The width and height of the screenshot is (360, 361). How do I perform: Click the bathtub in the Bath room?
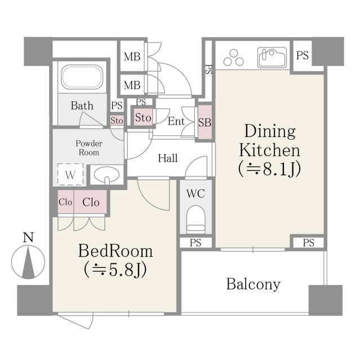pyautogui.click(x=82, y=77)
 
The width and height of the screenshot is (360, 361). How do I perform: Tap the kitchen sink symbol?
pyautogui.click(x=272, y=58)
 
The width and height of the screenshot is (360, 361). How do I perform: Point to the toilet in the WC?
pyautogui.click(x=195, y=219)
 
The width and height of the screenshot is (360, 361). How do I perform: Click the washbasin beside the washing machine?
pyautogui.click(x=106, y=175)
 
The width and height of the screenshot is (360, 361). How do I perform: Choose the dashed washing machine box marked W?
pyautogui.click(x=70, y=174)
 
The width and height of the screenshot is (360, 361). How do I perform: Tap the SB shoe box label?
pyautogui.click(x=205, y=122)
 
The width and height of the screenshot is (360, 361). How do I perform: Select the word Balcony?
pyautogui.click(x=254, y=284)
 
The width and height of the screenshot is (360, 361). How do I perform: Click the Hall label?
pyautogui.click(x=168, y=158)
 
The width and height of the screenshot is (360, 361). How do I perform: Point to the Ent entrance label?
pyautogui.click(x=176, y=121)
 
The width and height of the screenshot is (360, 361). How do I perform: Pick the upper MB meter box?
pyautogui.click(x=132, y=56)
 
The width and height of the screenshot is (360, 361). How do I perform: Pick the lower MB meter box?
pyautogui.click(x=132, y=85)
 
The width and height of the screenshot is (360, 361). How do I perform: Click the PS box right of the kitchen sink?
pyautogui.click(x=303, y=55)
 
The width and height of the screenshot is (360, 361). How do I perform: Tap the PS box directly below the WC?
pyautogui.click(x=195, y=243)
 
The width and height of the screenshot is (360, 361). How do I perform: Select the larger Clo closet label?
pyautogui.click(x=91, y=202)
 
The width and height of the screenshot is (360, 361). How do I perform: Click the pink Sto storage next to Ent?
pyautogui.click(x=143, y=117)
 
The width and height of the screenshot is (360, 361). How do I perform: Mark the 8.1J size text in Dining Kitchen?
pyautogui.click(x=270, y=169)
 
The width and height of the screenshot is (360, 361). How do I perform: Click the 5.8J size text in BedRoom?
pyautogui.click(x=115, y=270)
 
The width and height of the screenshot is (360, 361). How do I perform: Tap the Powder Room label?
pyautogui.click(x=89, y=148)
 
